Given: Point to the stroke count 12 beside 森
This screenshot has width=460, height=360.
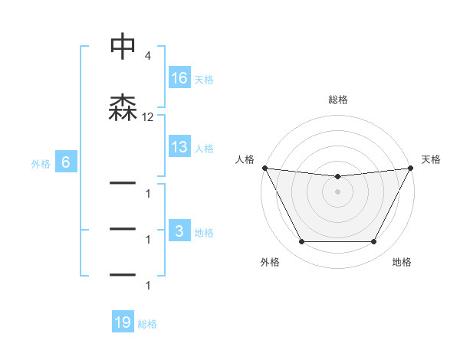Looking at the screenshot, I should pyautogui.click(x=148, y=117).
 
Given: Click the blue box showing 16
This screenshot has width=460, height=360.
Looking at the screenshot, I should pyautogui.click(x=179, y=78).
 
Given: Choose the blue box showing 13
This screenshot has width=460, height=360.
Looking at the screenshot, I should pyautogui.click(x=179, y=147).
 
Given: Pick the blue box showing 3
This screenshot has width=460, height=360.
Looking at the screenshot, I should pyautogui.click(x=179, y=231).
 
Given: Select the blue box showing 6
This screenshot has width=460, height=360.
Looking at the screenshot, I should pyautogui.click(x=66, y=162).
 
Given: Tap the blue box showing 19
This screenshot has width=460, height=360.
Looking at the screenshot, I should pyautogui.click(x=123, y=322).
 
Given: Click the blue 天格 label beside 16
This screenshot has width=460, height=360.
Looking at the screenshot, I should pyautogui.click(x=204, y=79).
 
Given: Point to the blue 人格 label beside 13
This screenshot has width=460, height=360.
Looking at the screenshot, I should pyautogui.click(x=204, y=148).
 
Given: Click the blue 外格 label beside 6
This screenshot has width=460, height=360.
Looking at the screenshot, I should pyautogui.click(x=41, y=163).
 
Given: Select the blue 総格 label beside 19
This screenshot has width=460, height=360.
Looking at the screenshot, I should pyautogui.click(x=148, y=324).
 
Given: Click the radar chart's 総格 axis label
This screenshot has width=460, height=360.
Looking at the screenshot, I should pyautogui.click(x=338, y=100).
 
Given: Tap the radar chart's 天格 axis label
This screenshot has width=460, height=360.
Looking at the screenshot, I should pyautogui.click(x=432, y=159).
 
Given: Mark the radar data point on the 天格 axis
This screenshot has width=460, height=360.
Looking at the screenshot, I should pyautogui.click(x=411, y=168).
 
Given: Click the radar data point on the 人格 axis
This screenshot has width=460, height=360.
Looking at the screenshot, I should pyautogui.click(x=265, y=168).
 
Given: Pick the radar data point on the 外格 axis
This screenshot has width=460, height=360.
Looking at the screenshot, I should pyautogui.click(x=301, y=242).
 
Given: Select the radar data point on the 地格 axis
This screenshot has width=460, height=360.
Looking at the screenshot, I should pyautogui.click(x=374, y=242).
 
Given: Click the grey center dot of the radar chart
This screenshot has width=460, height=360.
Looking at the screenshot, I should pyautogui.click(x=338, y=191).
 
